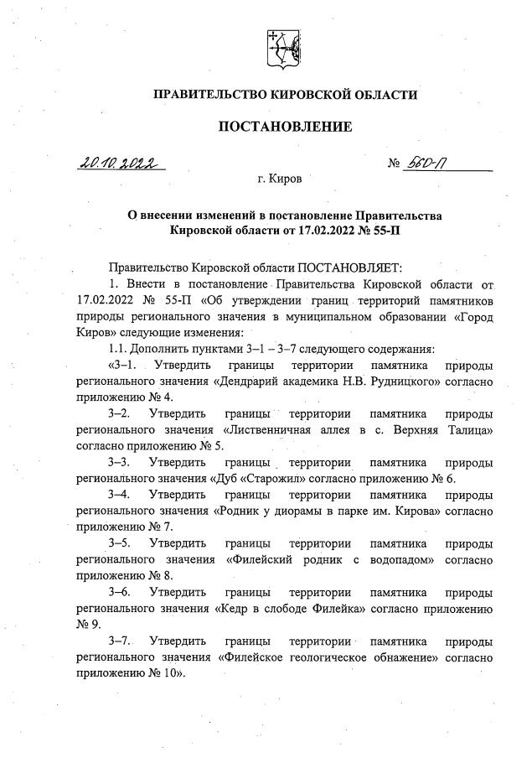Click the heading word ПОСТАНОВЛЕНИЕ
pyautogui.click(x=285, y=127)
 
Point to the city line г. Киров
pyautogui.click(x=281, y=179)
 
